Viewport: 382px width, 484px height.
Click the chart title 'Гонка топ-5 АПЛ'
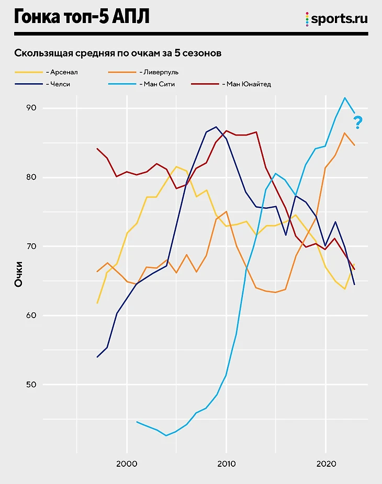[x=82, y=17]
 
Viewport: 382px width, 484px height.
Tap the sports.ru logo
[x=336, y=19]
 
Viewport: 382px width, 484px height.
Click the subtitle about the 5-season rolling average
[x=118, y=53]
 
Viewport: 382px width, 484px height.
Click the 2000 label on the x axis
[x=127, y=464]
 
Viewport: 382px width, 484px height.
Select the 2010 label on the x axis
[x=226, y=464]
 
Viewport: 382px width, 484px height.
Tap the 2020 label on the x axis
[x=325, y=464]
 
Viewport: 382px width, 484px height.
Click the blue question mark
[x=358, y=123]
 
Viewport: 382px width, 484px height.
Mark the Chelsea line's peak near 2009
[x=216, y=127]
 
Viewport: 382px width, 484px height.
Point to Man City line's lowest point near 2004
[x=166, y=435]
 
